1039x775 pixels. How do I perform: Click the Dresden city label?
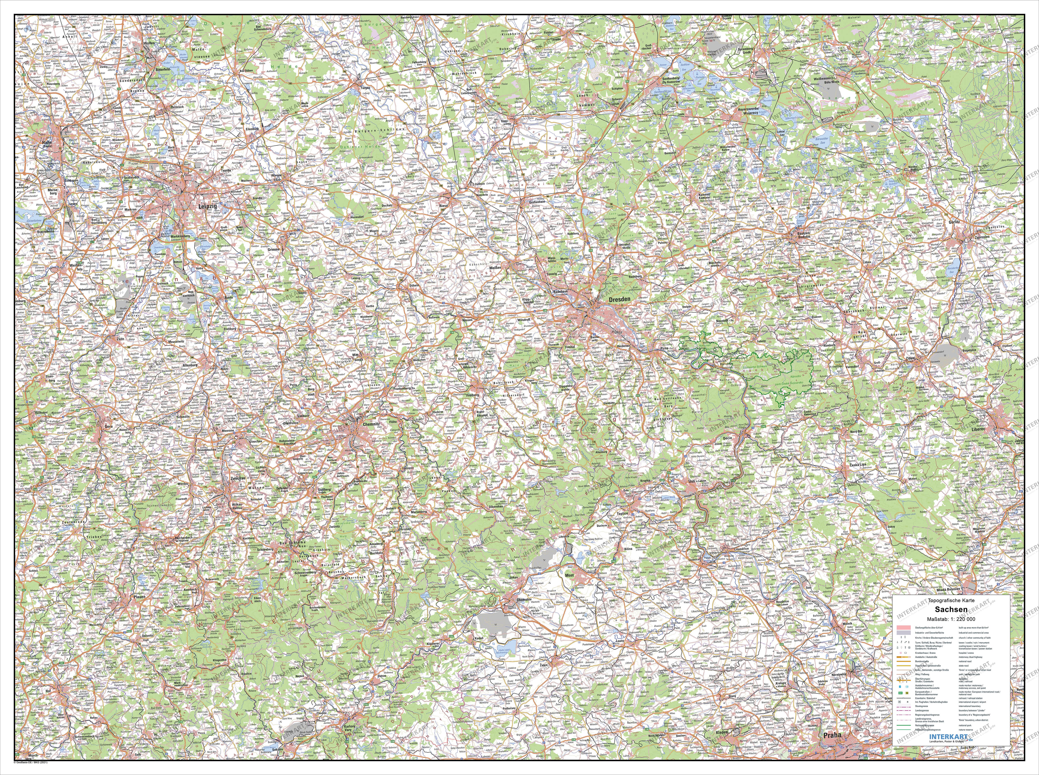tap(619, 299)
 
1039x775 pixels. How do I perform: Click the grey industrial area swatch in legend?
tap(904, 633)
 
